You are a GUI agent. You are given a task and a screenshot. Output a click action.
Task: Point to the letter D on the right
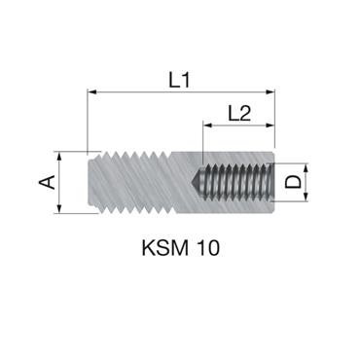tap(291, 182)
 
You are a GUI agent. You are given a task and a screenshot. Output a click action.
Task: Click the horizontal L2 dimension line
tap(240, 126)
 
